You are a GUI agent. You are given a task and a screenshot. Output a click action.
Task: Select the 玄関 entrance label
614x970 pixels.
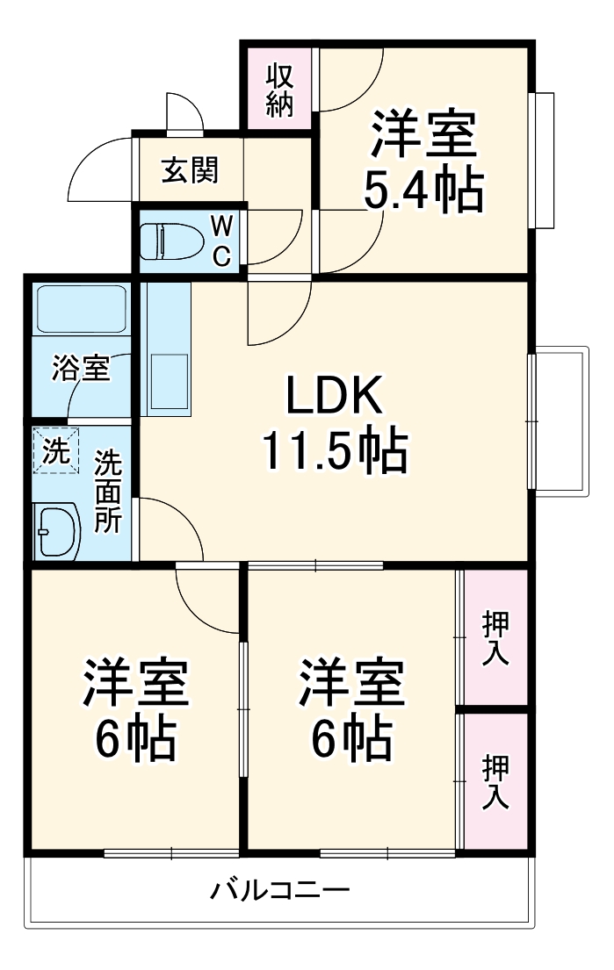(x=189, y=169)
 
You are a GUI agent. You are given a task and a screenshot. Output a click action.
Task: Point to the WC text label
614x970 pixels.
(x=223, y=241)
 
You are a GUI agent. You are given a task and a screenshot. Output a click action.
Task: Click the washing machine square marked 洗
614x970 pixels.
(x=56, y=451)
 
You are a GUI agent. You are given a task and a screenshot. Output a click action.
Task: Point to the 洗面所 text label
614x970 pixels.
(x=108, y=491)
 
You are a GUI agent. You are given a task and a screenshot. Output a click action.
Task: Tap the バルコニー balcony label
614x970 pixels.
(x=279, y=892)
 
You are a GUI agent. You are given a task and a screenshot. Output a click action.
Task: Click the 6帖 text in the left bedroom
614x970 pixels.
(x=136, y=741)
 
